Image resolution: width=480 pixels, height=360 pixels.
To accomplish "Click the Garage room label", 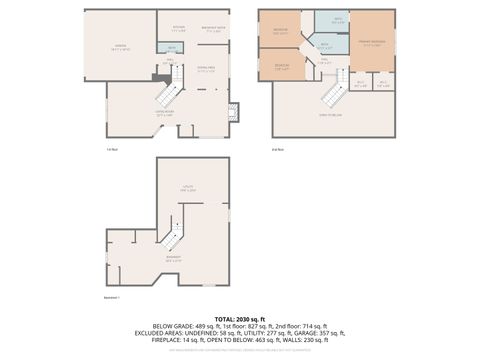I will [120, 46].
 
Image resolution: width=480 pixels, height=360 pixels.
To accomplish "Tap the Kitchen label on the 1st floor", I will [179, 28].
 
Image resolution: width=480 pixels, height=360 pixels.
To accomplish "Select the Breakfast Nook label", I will [212, 28].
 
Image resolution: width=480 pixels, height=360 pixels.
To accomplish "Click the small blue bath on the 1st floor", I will [173, 48].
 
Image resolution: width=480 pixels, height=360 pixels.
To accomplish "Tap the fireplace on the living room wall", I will [234, 111].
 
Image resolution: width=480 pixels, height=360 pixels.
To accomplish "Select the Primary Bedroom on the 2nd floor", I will [370, 42].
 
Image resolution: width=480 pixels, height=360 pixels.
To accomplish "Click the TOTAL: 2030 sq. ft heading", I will [239, 318].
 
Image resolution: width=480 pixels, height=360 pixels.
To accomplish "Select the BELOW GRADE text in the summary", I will [176, 326].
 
